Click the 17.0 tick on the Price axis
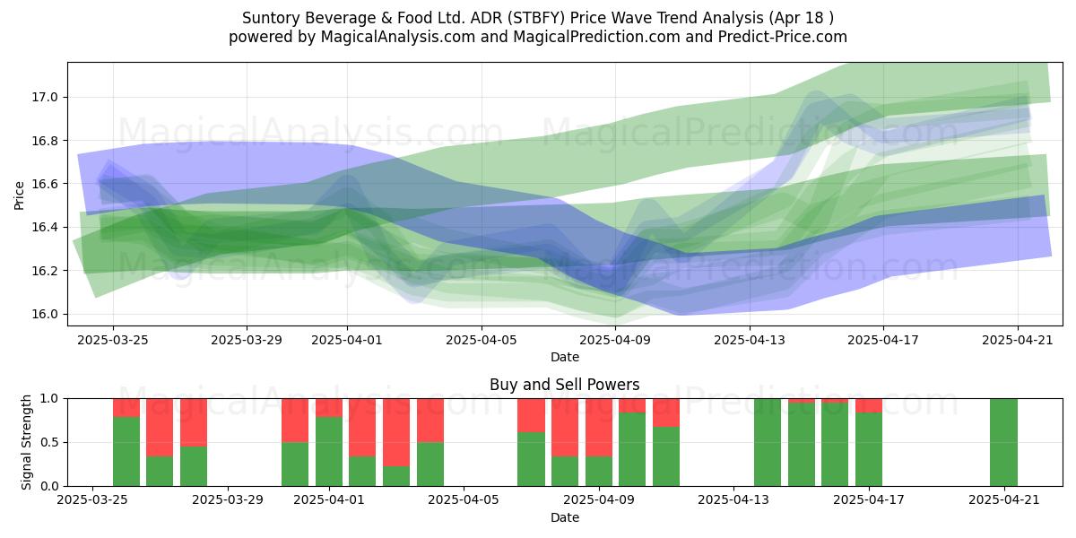[44, 98]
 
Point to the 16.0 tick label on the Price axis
[44, 314]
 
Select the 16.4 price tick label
[44, 227]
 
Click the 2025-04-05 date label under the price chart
[481, 340]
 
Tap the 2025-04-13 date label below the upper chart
[749, 340]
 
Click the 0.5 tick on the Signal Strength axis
[48, 442]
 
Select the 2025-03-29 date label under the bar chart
[228, 500]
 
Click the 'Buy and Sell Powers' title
[564, 385]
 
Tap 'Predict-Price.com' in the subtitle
[782, 37]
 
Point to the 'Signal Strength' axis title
[26, 442]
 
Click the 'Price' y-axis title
[19, 195]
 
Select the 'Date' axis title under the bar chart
[564, 517]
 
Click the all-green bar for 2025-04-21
[1003, 442]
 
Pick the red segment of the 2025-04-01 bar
[329, 408]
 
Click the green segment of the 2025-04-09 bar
[599, 472]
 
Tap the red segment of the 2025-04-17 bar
[869, 405]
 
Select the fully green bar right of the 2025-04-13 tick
[768, 442]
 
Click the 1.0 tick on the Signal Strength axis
[48, 399]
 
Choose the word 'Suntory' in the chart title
[271, 18]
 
